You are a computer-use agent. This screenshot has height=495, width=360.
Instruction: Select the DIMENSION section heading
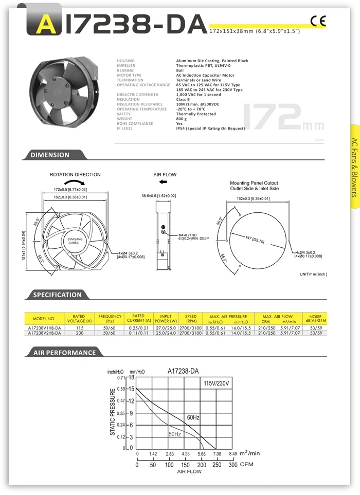pyautogui.click(x=50, y=155)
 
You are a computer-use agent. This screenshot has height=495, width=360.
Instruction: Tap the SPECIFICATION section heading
pyautogui.click(x=57, y=295)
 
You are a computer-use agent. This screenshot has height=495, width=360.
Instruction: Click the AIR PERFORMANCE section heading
pyautogui.click(x=64, y=353)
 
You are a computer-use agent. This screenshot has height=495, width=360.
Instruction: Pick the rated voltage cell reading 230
pyautogui.click(x=79, y=333)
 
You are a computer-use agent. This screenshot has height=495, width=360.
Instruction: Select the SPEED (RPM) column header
pyautogui.click(x=191, y=319)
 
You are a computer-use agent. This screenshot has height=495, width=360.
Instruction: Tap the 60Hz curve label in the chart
pyautogui.click(x=193, y=418)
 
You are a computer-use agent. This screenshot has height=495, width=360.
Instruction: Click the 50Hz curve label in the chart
pyautogui.click(x=175, y=434)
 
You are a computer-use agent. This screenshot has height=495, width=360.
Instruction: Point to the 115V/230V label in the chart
pyautogui.click(x=217, y=384)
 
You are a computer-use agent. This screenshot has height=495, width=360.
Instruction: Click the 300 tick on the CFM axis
pyautogui.click(x=233, y=465)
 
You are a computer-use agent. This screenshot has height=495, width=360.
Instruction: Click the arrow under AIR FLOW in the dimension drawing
pyautogui.click(x=163, y=182)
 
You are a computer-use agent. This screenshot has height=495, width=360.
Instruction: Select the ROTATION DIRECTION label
pyautogui.click(x=75, y=175)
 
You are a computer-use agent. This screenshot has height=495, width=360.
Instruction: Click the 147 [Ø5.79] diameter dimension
pyautogui.click(x=255, y=239)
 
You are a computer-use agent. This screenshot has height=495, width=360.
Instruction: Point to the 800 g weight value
pyautogui.click(x=182, y=119)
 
